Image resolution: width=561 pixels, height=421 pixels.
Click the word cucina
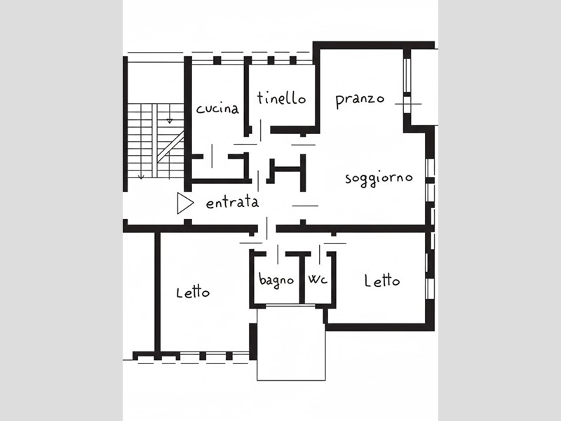[217, 109]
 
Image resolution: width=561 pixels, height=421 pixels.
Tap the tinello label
[282, 98]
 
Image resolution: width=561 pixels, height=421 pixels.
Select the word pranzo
[360, 100]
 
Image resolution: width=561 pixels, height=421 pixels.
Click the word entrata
[232, 203]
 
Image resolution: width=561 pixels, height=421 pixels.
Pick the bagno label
[276, 280]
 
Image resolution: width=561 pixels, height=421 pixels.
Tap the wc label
[318, 279]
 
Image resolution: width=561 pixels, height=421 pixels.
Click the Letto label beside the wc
[381, 281]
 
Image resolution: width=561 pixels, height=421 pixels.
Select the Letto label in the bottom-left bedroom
[193, 293]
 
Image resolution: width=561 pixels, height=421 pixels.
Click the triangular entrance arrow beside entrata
[185, 203]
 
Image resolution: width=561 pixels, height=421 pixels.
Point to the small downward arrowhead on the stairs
[170, 121]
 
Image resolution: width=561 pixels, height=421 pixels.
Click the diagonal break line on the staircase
[170, 147]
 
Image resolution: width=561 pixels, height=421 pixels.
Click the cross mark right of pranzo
[408, 104]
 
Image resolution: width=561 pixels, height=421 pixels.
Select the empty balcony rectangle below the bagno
[291, 343]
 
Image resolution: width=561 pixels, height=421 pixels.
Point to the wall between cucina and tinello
[247, 96]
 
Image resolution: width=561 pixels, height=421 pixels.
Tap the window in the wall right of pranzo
[407, 75]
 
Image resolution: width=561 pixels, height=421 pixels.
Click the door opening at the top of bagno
[276, 254]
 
